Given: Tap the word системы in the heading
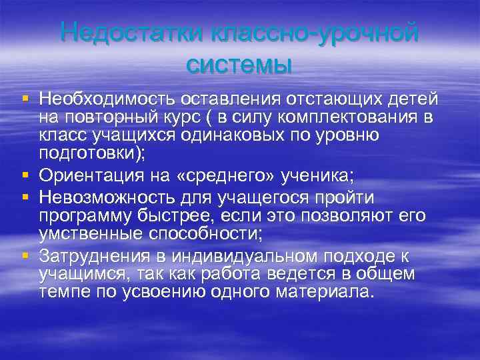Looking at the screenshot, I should pos(239,65).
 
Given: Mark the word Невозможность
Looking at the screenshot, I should pos(106,198).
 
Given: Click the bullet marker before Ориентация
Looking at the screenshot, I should pos(25,176).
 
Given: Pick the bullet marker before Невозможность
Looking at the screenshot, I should pos(25,198).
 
